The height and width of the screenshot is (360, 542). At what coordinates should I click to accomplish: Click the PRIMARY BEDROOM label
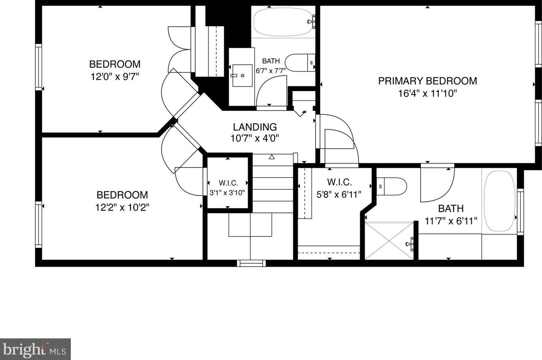pyautogui.click(x=427, y=81)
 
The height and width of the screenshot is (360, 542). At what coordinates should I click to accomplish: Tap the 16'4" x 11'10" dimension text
pyautogui.click(x=427, y=94)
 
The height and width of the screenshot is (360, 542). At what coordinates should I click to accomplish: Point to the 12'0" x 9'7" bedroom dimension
pyautogui.click(x=115, y=76)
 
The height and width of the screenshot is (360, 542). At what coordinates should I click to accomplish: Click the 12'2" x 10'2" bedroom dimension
pyautogui.click(x=122, y=208)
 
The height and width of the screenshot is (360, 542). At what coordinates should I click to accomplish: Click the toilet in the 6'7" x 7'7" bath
pyautogui.click(x=299, y=63)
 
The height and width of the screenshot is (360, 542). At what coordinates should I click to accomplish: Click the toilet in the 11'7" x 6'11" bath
pyautogui.click(x=392, y=186)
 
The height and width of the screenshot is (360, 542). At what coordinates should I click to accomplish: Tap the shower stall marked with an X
pyautogui.click(x=390, y=240)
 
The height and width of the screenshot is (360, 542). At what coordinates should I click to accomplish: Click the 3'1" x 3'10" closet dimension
pyautogui.click(x=227, y=193)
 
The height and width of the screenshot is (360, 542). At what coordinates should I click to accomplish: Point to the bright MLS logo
pyautogui.click(x=35, y=349)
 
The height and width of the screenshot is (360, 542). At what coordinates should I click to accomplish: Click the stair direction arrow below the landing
pyautogui.click(x=272, y=157)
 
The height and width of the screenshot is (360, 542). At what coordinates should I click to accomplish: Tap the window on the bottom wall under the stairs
pyautogui.click(x=251, y=263)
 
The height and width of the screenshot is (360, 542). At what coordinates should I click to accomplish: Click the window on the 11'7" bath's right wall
pyautogui.click(x=521, y=212)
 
